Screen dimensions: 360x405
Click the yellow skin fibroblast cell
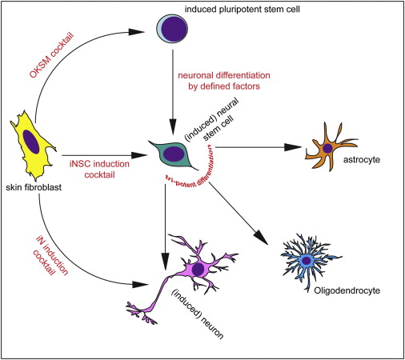[33, 147]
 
